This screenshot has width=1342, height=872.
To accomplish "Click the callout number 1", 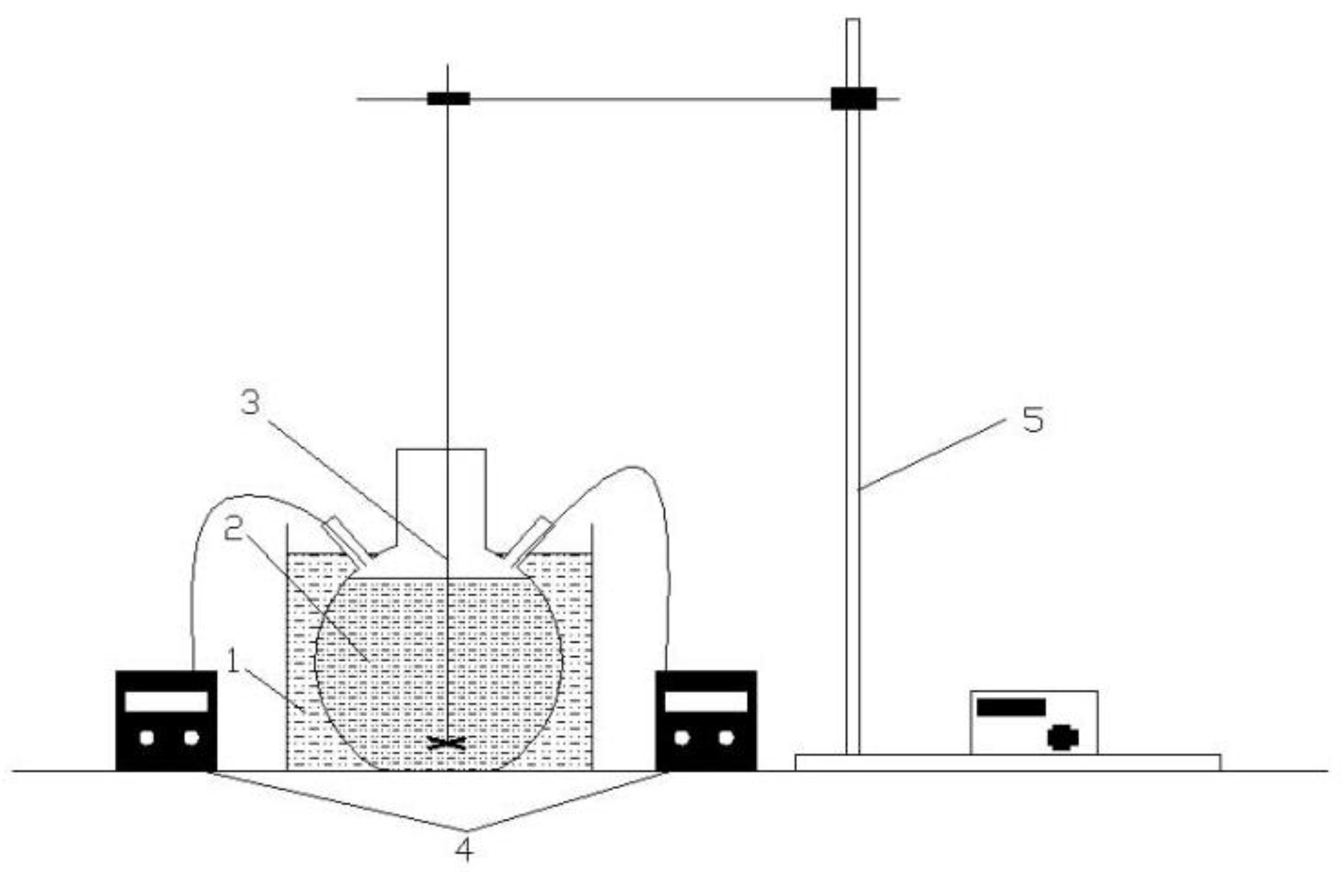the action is coord(232,661).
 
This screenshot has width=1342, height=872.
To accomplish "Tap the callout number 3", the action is coord(250,402).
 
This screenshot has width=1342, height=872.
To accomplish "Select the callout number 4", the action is coord(464,849).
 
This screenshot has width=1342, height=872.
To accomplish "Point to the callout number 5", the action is coord(1033,420).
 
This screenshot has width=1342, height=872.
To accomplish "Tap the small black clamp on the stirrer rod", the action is coord(448,99).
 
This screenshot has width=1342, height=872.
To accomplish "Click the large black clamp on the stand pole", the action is coord(853,98).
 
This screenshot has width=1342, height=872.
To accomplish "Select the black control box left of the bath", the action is coord(166,720).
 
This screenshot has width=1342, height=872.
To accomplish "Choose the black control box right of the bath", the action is coord(706,720).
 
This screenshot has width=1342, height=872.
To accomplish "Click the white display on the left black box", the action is coord(166,701).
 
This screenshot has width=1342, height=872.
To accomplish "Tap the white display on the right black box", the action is coord(706,701).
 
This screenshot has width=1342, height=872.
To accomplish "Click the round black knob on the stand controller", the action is coord(1062,738).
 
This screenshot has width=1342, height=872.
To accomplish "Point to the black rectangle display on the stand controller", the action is coord(1011,707).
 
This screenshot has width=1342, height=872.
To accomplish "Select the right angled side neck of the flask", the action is coord(530,540).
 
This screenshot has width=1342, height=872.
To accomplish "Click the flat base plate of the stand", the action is coord(1007,762).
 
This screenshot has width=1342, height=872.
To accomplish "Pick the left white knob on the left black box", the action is coord(147,738).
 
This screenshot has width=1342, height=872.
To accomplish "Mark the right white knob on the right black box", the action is coord(726,738).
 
